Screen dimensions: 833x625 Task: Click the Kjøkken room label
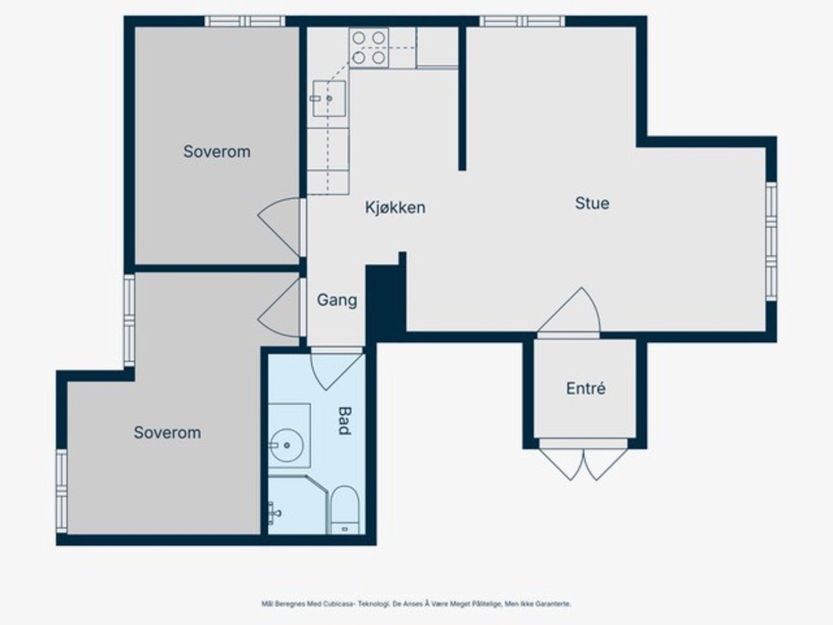click(395, 208)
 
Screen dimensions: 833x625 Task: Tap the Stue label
click(592, 204)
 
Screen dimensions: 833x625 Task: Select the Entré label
click(586, 388)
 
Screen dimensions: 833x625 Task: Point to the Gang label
click(337, 300)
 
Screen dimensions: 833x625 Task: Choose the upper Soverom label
click(217, 152)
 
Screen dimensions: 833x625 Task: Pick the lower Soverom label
click(167, 433)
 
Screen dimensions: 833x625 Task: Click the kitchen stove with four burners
click(369, 48)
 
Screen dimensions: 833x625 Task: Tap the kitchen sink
click(329, 98)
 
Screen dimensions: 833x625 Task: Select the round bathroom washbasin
click(286, 445)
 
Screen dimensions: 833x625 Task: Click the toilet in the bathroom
click(344, 510)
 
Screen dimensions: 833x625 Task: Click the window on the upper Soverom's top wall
click(245, 21)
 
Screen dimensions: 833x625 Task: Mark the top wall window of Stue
click(522, 21)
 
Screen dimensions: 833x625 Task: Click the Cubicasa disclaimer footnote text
click(416, 604)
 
